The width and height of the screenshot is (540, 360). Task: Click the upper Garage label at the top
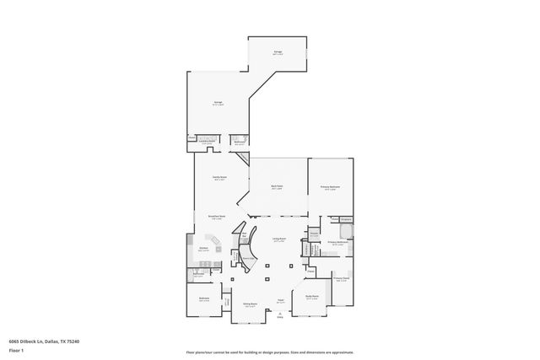tap(278, 52)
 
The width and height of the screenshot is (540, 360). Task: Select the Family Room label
tap(219, 178)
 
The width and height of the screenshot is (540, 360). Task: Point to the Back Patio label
tap(277, 186)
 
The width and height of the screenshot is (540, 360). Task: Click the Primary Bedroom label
tap(329, 186)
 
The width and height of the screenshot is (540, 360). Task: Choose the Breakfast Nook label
tap(215, 217)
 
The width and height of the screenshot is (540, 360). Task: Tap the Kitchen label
tap(203, 249)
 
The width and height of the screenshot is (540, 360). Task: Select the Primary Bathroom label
tap(337, 242)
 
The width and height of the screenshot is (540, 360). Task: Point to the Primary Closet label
tap(341, 277)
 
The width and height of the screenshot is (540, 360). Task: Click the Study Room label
tap(311, 297)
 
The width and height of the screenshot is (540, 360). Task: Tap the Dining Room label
tap(250, 304)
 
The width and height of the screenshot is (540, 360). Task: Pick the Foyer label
tap(279, 301)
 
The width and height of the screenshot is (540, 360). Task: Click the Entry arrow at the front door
tap(279, 316)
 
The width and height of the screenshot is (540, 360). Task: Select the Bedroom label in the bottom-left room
tap(204, 298)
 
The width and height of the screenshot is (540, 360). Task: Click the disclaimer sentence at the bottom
tap(270, 352)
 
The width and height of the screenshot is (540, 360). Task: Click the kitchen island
tap(215, 247)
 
